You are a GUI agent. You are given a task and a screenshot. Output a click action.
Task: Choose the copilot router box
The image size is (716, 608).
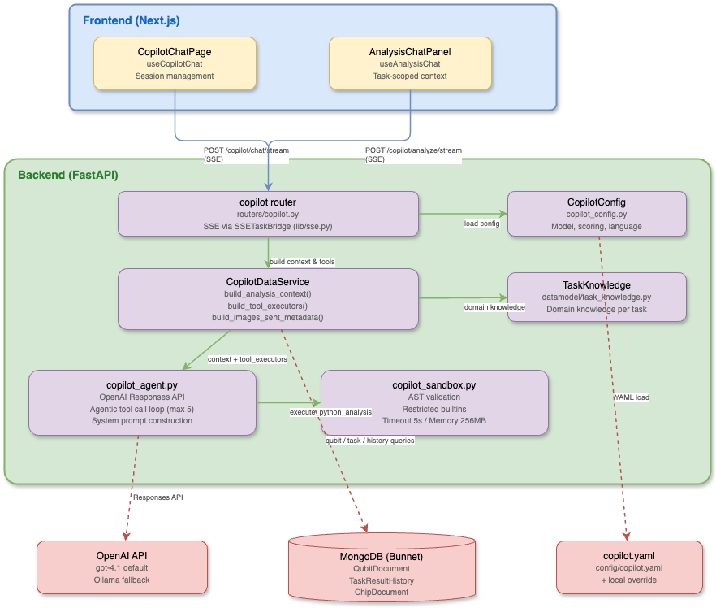click(268, 213)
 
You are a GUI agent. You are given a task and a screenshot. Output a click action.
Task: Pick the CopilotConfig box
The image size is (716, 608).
click(597, 213)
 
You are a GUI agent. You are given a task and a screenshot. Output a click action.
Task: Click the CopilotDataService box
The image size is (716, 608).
click(268, 299)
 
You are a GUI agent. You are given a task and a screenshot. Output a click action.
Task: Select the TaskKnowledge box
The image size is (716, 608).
click(597, 297)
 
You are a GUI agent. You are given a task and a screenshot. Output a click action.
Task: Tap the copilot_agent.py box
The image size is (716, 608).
click(142, 402)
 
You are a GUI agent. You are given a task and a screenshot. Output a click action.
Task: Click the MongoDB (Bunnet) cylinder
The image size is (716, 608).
click(382, 569)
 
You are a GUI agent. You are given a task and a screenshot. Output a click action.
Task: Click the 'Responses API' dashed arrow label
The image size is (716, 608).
click(158, 497)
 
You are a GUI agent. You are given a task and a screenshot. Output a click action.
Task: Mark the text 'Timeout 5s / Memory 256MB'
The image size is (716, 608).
click(434, 421)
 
